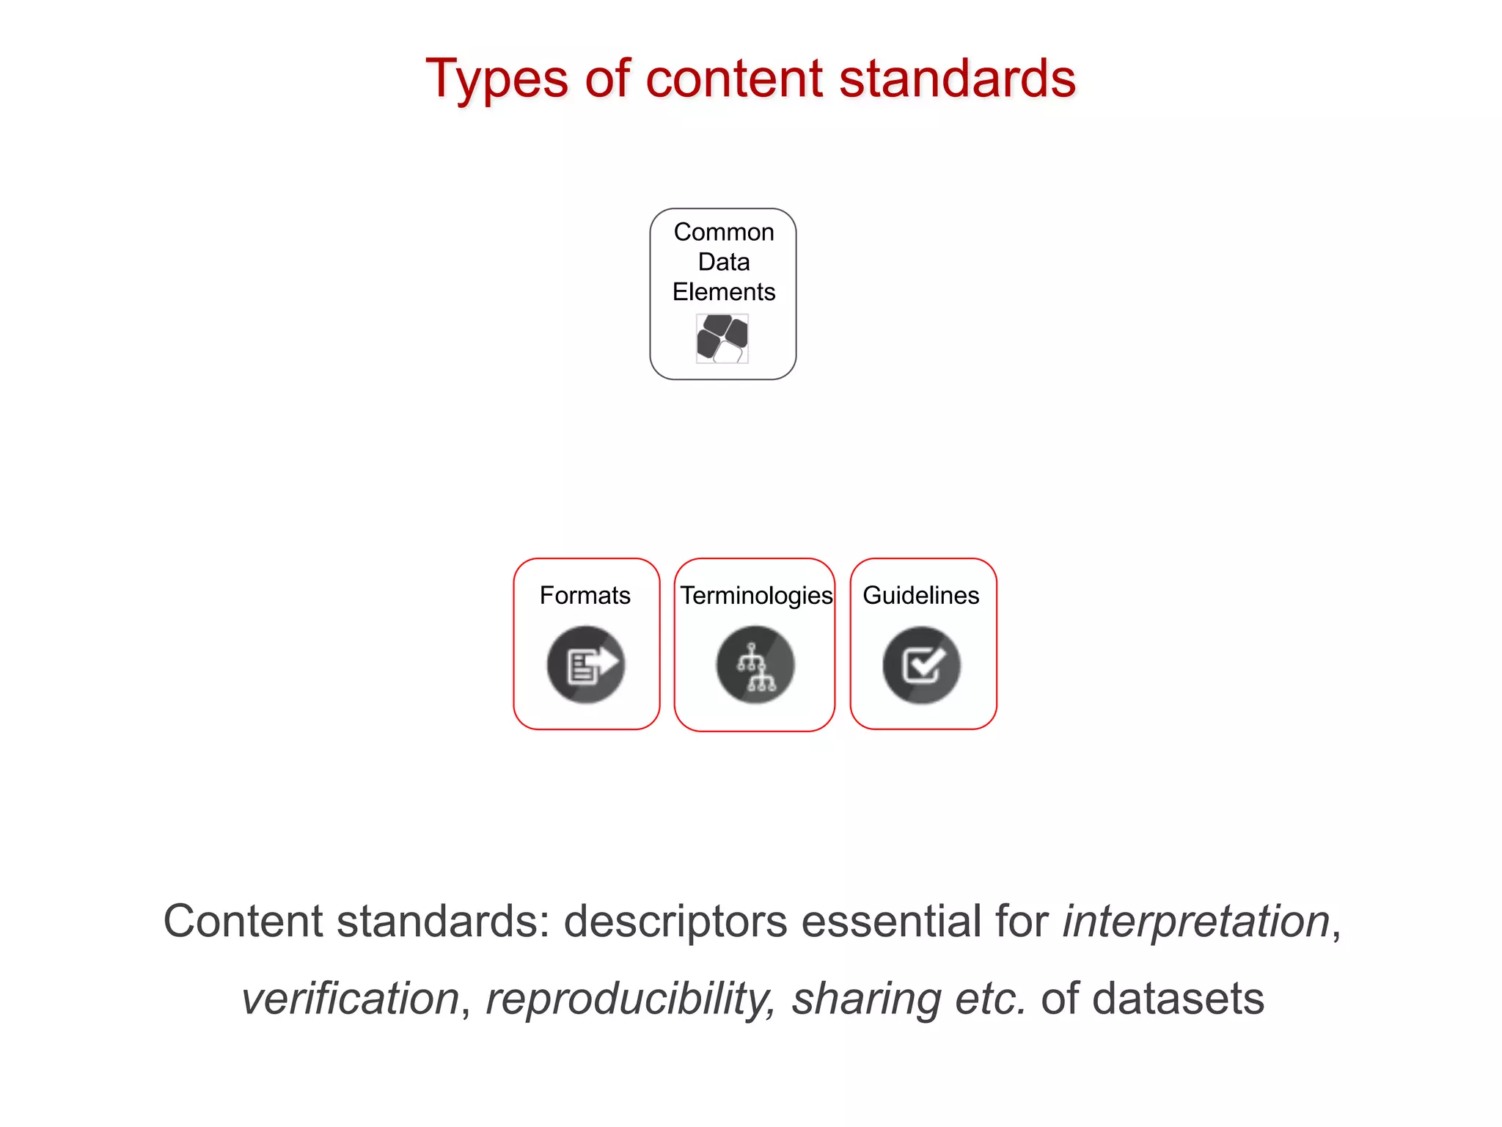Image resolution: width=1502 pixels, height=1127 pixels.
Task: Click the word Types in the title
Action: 497,79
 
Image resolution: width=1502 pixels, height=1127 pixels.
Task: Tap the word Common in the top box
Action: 724,232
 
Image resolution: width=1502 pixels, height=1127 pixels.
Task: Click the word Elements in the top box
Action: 724,292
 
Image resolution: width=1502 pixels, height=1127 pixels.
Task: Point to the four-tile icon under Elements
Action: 722,338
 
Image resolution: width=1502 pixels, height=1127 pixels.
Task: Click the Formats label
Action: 585,595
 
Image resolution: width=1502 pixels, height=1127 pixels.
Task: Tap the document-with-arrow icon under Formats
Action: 586,665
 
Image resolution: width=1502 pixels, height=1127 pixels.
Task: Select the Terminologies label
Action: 756,595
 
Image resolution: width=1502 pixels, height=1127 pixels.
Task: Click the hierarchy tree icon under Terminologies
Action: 755,665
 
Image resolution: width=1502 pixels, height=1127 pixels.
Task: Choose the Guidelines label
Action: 921,595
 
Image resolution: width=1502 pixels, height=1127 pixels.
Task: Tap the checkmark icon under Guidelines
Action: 922,665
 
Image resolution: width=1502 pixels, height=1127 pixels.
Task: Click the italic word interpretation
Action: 1196,922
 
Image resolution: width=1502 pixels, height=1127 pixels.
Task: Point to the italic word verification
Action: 351,999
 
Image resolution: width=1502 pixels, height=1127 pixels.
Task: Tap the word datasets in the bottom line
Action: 1178,999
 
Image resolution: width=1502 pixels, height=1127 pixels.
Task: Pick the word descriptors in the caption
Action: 675,922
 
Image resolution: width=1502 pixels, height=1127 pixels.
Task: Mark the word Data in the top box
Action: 724,262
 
